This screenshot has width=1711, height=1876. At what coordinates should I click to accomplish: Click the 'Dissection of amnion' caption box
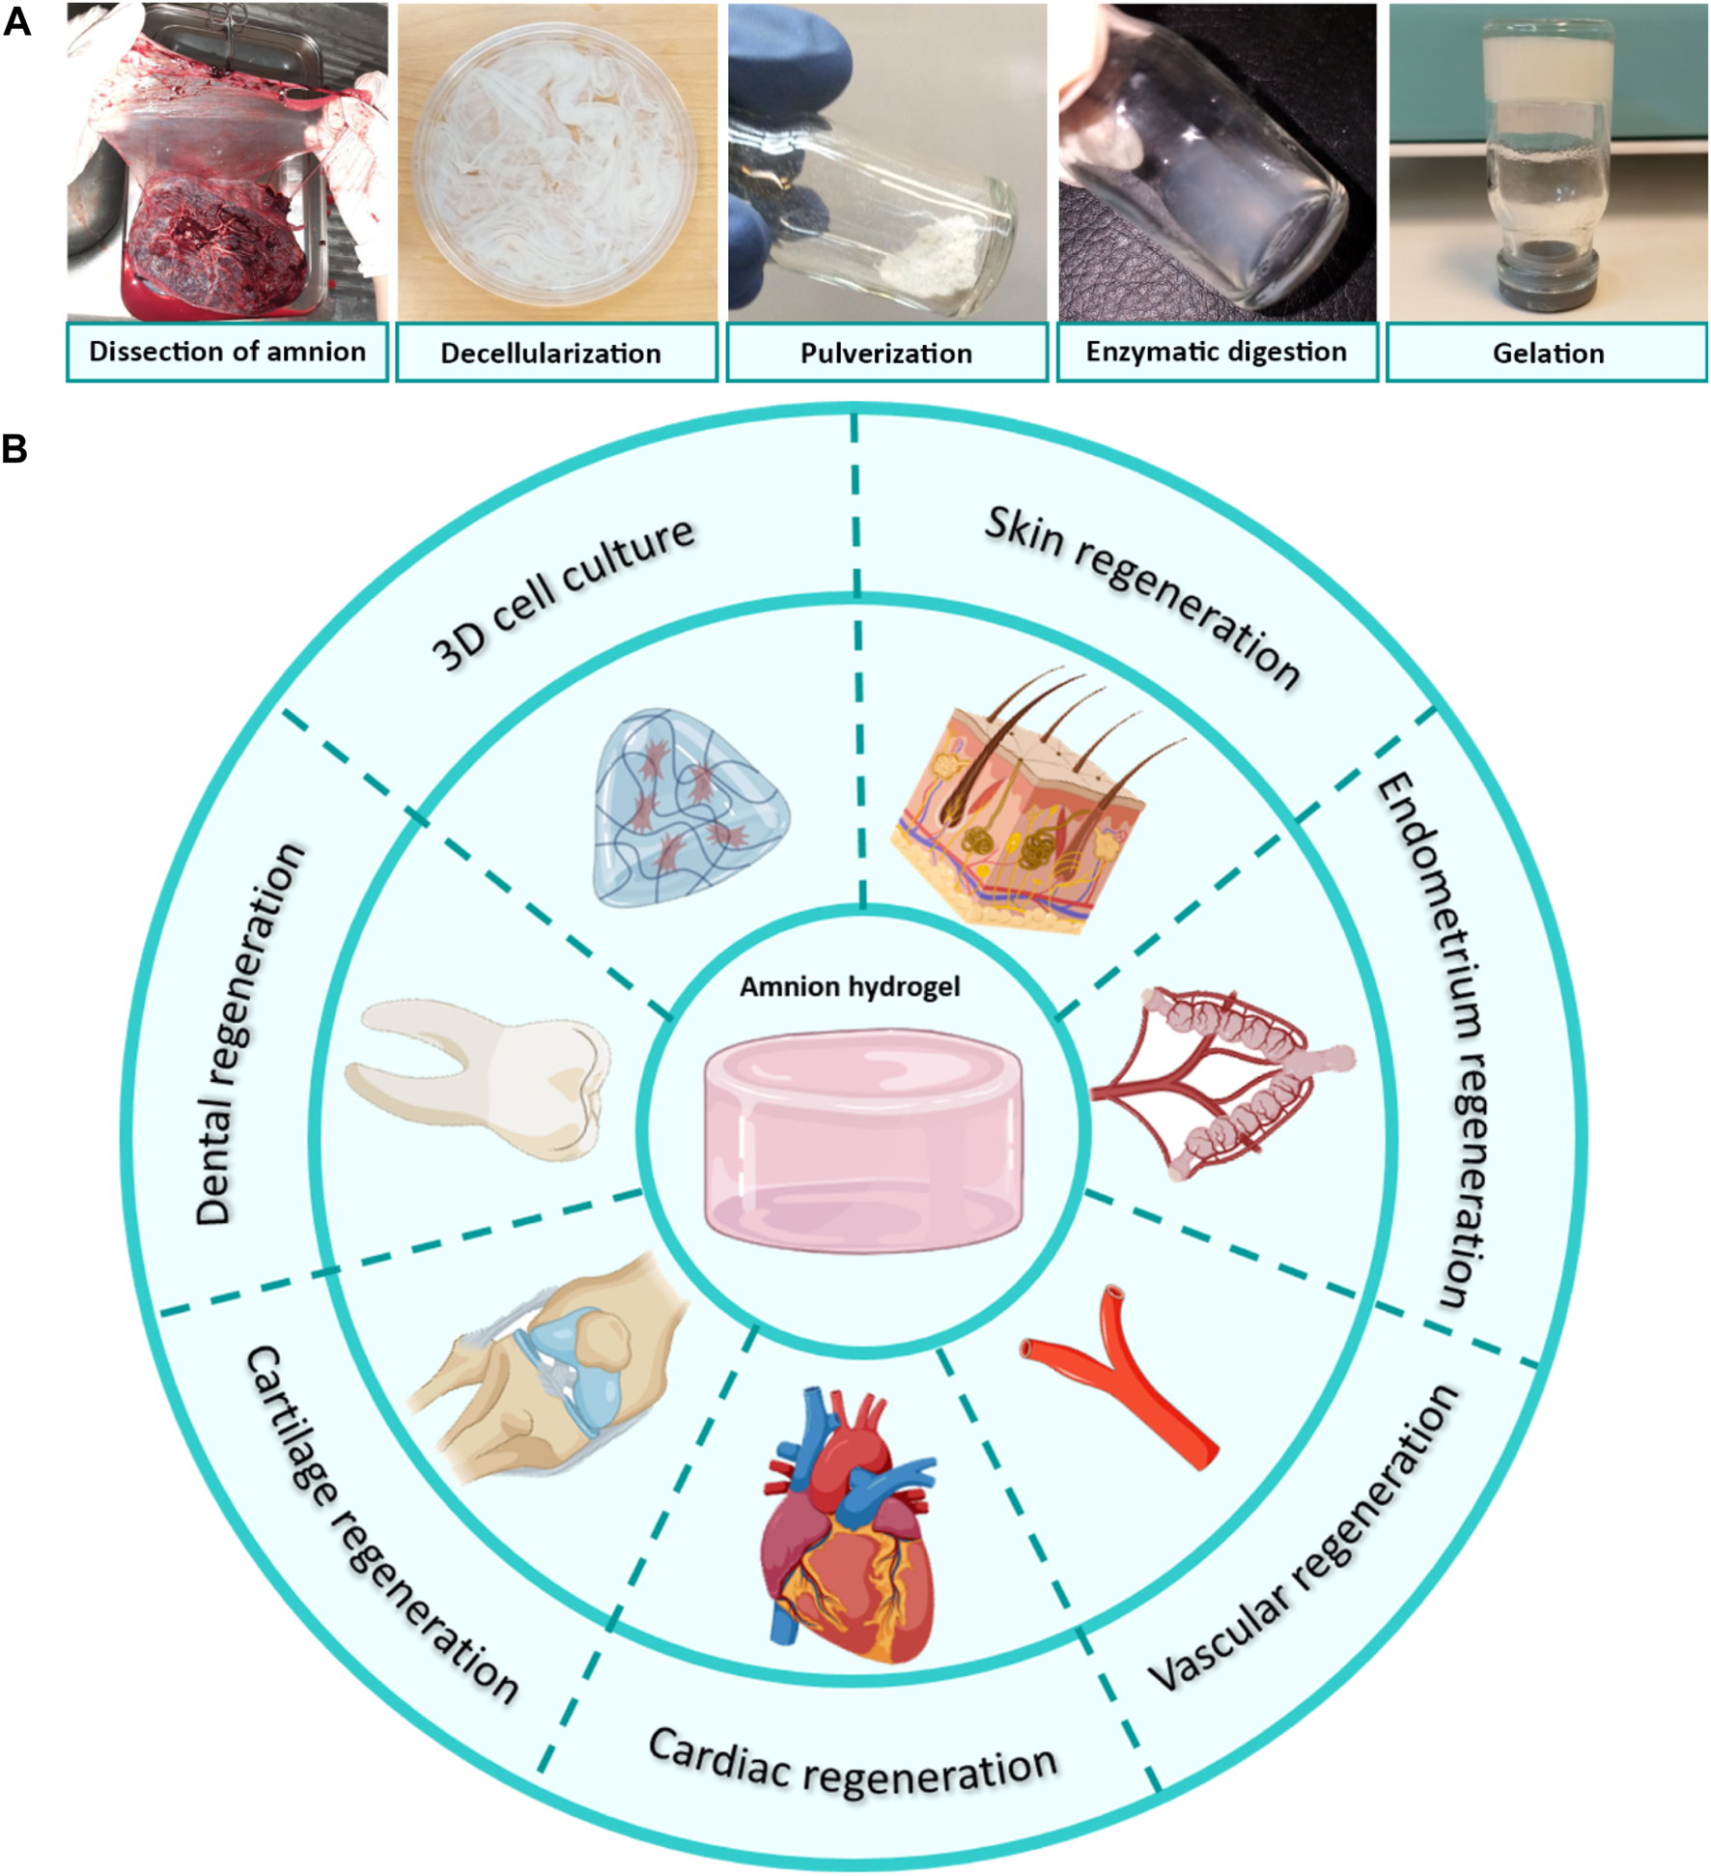[227, 353]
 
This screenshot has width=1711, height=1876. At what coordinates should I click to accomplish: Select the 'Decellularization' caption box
[557, 353]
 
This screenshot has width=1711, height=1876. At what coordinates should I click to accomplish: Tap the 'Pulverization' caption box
[886, 353]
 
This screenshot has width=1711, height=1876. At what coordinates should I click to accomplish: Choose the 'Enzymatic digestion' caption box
[1217, 353]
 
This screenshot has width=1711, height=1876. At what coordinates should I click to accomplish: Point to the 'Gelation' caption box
[1547, 353]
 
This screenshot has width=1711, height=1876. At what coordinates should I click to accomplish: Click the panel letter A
[16, 21]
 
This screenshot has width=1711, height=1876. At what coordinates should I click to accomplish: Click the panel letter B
[14, 449]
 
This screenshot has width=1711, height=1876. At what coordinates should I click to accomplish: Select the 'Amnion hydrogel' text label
[850, 986]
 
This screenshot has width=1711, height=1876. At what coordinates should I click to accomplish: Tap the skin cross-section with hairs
[1024, 802]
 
